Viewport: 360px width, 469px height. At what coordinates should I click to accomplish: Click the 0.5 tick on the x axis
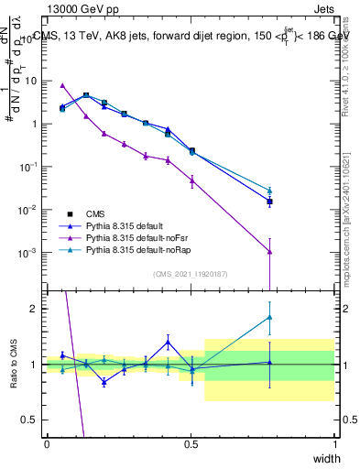point(191,443)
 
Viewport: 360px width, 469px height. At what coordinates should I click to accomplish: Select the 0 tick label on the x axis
point(47,443)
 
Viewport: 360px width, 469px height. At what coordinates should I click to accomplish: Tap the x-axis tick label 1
point(335,443)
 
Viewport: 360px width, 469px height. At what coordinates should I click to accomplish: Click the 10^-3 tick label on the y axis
point(30,253)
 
